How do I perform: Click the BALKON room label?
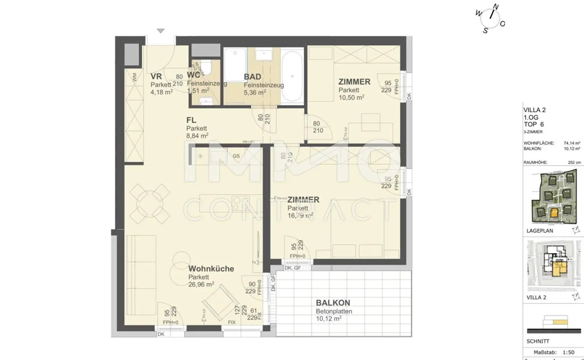[333, 303]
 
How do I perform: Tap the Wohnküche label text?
[211, 269]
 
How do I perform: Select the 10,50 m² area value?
[351, 97]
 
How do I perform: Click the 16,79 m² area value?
[300, 216]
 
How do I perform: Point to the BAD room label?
[252, 77]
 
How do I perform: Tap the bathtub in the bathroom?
[292, 76]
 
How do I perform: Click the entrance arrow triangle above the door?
[161, 31]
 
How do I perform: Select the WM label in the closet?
[134, 77]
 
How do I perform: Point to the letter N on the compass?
[496, 7]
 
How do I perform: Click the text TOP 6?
[533, 124]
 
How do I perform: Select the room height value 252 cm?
[574, 162]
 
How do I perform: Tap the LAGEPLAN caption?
[540, 231]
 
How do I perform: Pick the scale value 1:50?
[568, 352]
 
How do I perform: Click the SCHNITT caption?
[538, 341]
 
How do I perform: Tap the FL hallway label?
[191, 120]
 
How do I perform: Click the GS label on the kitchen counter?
[236, 156]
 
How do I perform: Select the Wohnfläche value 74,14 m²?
[572, 143]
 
